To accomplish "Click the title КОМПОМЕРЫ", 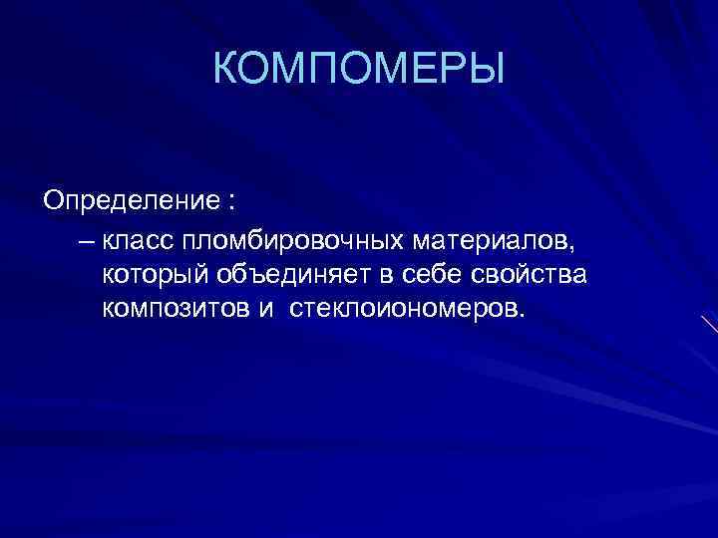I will coord(359,69).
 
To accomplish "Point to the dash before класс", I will coord(83,241).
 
